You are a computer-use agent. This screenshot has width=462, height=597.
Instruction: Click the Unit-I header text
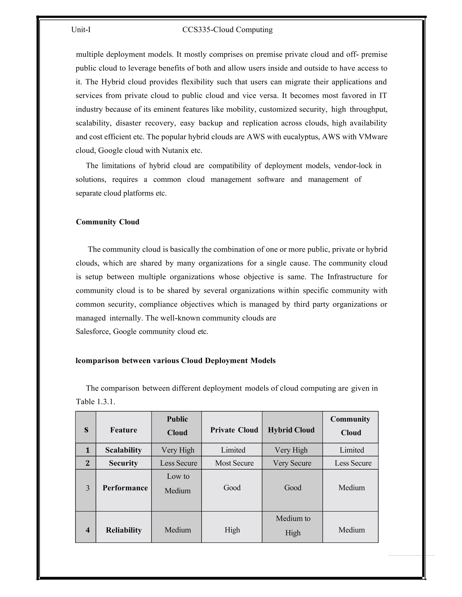pos(81,30)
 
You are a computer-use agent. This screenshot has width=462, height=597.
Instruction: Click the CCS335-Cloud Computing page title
pos(227,30)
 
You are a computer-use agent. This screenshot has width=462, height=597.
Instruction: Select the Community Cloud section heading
pos(107,222)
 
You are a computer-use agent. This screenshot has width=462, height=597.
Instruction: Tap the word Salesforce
pos(92,331)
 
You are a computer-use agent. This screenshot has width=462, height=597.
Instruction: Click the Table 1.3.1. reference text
pos(95,401)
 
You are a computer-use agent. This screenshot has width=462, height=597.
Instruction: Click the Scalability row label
pos(123,450)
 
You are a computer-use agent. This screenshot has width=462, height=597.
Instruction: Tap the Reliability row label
pos(124,530)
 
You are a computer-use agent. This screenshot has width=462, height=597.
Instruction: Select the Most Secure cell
pos(234,463)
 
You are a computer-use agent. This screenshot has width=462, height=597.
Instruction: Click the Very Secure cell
pos(292,463)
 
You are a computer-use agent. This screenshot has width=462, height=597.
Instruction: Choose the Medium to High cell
pos(293,526)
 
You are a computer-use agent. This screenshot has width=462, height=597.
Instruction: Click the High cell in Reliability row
pos(232,530)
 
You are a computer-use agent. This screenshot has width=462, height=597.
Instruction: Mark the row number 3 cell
pos(88,488)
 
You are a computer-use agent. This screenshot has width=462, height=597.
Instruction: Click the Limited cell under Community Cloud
pos(352,450)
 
